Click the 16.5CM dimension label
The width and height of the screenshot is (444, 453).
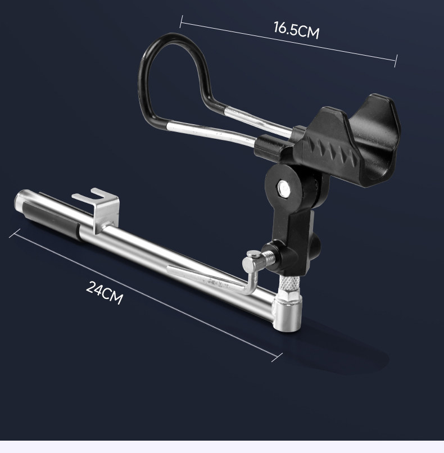click(x=296, y=30)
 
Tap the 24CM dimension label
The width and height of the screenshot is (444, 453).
click(x=105, y=292)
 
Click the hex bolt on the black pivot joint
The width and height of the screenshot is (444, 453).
click(x=283, y=188)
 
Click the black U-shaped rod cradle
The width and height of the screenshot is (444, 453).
click(x=347, y=139)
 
